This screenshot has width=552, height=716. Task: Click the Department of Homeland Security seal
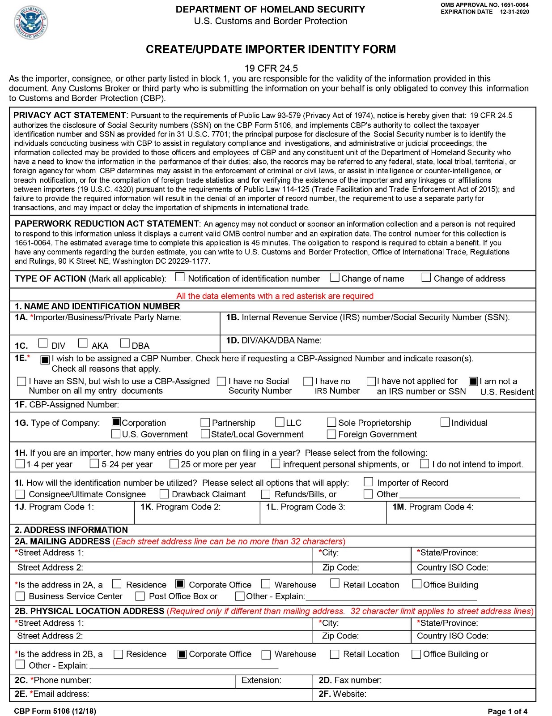coord(31,23)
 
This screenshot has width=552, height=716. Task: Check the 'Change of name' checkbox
coord(335,278)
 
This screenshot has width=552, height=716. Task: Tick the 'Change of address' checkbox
coord(426,278)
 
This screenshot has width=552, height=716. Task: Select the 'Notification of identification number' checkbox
coord(180,277)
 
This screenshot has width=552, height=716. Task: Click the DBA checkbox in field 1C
coord(125,343)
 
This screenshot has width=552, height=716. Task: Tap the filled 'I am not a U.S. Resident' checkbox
coord(473,382)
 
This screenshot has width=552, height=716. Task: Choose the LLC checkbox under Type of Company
coord(280,422)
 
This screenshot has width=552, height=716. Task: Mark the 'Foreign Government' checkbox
coord(331,434)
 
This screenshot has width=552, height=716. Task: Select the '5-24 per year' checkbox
coord(94,463)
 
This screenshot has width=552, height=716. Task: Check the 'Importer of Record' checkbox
coord(368,482)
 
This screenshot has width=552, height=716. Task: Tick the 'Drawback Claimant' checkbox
coord(164,494)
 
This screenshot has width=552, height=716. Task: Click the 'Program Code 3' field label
coord(306,507)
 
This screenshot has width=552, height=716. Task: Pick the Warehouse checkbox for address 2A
coord(266,584)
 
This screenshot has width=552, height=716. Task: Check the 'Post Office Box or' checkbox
coord(140,596)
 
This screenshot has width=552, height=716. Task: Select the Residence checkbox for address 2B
coord(119,654)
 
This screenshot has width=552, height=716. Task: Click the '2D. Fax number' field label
coord(350,680)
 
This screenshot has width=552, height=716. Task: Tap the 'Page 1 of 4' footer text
coord(507,712)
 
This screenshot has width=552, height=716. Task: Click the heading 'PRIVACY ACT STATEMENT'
coord(70,115)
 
